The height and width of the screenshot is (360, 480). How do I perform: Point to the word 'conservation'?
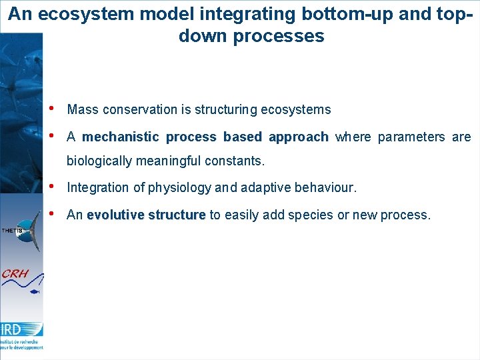137,109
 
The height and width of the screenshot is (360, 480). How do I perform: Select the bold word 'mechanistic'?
121,137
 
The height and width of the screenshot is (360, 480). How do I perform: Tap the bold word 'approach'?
298,137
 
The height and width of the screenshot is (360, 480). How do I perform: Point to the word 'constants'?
236,161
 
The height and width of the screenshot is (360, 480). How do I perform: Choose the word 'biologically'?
100,161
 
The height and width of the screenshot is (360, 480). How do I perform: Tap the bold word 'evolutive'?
115,215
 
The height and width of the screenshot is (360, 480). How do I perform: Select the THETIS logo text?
12,230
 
